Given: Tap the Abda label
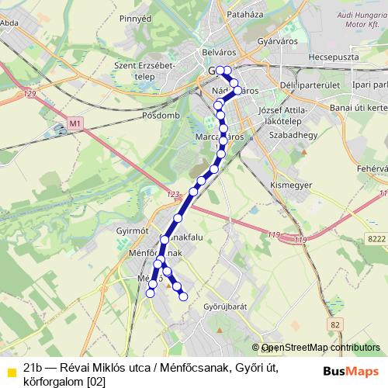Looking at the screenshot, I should [10, 23].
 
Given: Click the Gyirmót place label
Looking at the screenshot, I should [131, 230].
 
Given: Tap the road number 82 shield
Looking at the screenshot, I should [334, 323].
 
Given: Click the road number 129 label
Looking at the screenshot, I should [30, 95].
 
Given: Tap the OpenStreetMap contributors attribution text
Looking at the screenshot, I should [320, 348].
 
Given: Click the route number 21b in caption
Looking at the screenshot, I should [33, 366].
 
